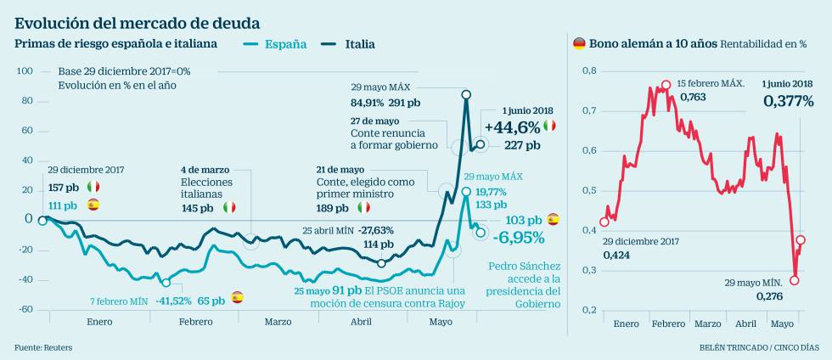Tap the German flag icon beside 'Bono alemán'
coord(580,42)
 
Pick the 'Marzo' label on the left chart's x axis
coord(278,322)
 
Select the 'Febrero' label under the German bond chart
coord(668,323)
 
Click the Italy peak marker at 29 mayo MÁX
coord(466,94)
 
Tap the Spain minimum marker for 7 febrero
coord(166,283)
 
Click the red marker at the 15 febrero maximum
coord(666,85)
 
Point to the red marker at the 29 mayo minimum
coord(795,280)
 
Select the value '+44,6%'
coord(511,127)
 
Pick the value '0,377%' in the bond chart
coord(788,101)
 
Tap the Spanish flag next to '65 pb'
coord(238,298)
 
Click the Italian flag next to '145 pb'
coord(229,206)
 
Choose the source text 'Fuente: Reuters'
coord(43,347)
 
